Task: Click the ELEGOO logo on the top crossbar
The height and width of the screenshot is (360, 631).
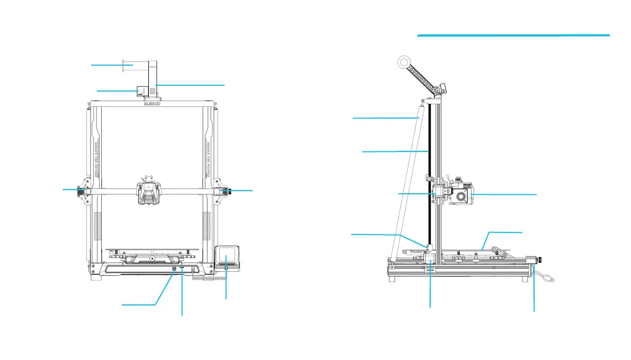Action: tap(153, 104)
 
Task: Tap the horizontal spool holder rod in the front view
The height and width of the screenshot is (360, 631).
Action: tap(135, 66)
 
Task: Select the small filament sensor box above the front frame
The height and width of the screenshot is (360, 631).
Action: tap(141, 91)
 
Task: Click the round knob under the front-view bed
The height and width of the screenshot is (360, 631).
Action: tap(152, 258)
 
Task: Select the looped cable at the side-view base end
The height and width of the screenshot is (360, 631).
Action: tap(544, 276)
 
